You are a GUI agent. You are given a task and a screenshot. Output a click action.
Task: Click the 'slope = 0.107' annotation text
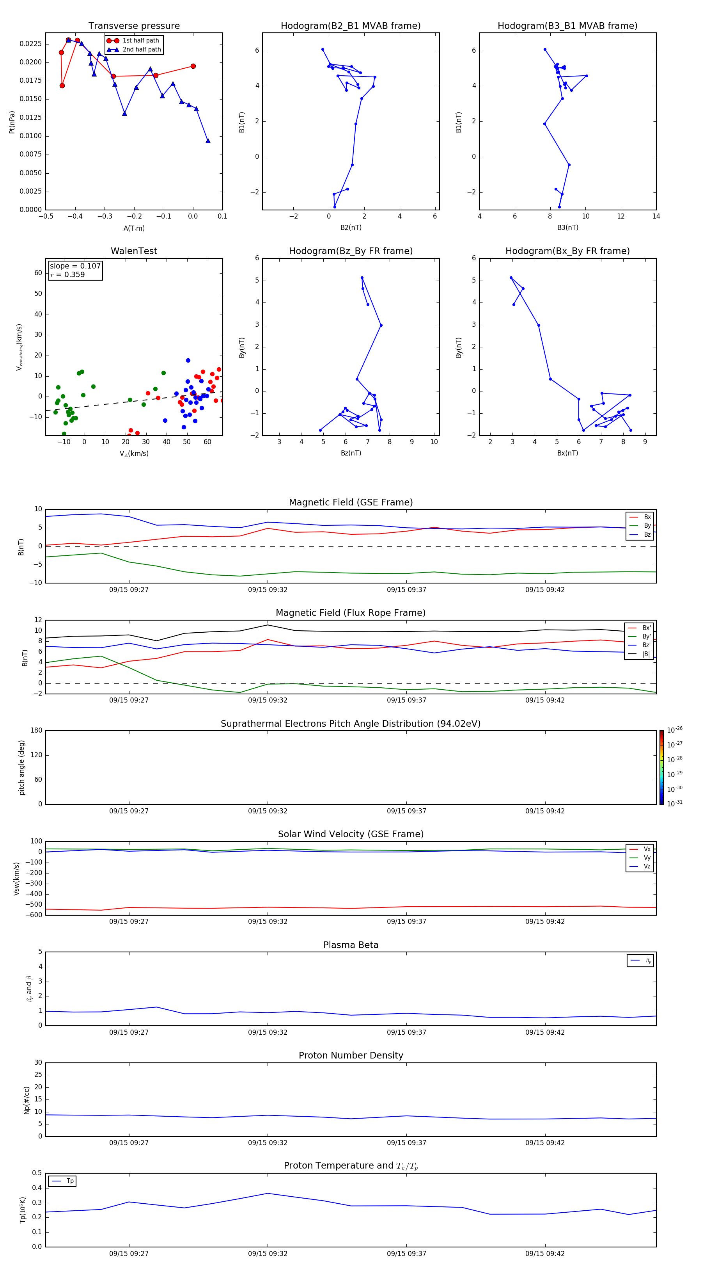click(x=75, y=266)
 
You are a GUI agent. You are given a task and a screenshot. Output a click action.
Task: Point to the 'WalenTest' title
click(x=134, y=251)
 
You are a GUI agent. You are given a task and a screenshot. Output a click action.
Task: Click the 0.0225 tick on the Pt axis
click(x=30, y=44)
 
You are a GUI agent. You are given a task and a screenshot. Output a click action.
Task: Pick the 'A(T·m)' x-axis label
click(x=134, y=228)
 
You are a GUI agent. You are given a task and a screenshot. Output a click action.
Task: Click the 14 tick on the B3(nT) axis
click(x=656, y=217)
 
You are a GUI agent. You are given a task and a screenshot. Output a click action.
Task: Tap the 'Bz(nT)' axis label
click(x=351, y=453)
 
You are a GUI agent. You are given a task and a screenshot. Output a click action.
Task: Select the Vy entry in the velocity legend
click(x=647, y=857)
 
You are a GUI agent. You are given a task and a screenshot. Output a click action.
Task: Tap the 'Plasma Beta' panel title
click(x=351, y=945)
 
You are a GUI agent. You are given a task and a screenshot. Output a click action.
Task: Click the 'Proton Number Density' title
click(x=351, y=1055)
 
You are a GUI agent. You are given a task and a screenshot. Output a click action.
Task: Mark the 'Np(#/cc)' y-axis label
click(x=27, y=1100)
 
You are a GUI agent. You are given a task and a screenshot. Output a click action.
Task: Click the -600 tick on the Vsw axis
click(x=33, y=915)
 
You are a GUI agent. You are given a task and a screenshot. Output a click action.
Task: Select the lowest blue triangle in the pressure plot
click(x=208, y=141)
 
